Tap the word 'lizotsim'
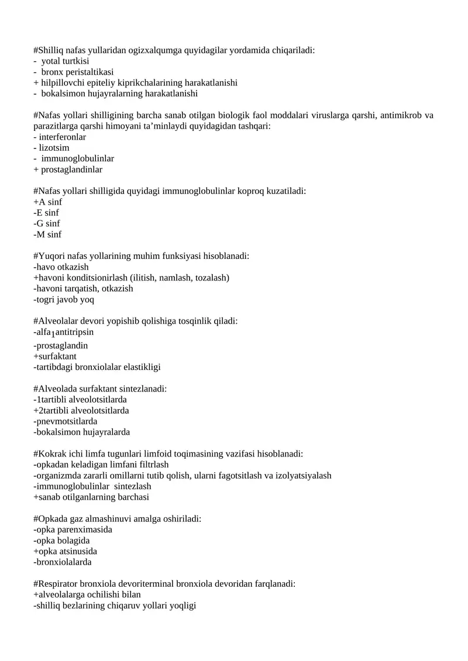pyautogui.click(x=53, y=148)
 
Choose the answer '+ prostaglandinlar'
pyautogui.click(x=68, y=169)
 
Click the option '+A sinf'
pyautogui.click(x=48, y=202)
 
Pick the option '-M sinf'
pyautogui.click(x=47, y=234)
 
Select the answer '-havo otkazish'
pyautogui.click(x=61, y=267)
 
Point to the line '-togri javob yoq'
pyautogui.click(x=64, y=299)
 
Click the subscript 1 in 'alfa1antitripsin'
pyautogui.click(x=53, y=335)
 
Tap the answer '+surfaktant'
pyautogui.click(x=55, y=357)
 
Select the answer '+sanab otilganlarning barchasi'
pyautogui.click(x=91, y=497)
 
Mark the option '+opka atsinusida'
pyautogui.click(x=66, y=551)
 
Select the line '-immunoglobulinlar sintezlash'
pyautogui.click(x=92, y=486)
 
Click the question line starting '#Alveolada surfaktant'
pyautogui.click(x=100, y=389)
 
